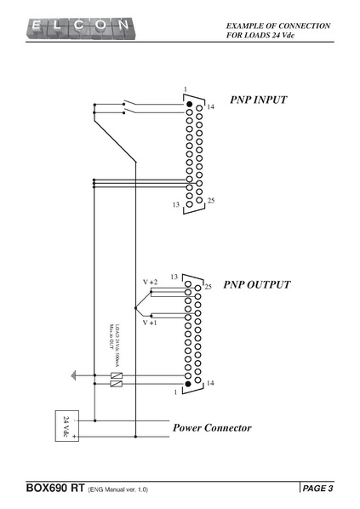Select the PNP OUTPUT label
click(257, 284)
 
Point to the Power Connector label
click(212, 427)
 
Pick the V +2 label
click(150, 281)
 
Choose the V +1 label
click(150, 323)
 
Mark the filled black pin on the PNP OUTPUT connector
click(190, 383)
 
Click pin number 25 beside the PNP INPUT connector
click(211, 200)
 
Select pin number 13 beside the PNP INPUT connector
click(176, 205)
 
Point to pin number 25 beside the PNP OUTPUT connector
click(208, 287)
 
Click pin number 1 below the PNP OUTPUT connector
click(174, 392)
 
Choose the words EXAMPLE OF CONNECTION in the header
click(278, 26)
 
